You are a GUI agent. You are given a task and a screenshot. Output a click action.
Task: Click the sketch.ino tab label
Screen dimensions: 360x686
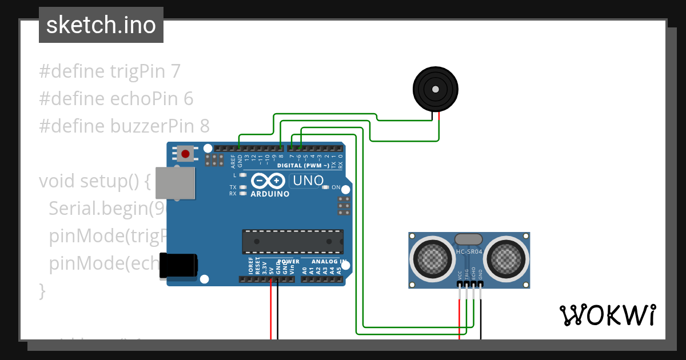click(x=101, y=25)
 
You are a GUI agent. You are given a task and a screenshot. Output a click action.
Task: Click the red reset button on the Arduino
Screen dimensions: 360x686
click(x=185, y=153)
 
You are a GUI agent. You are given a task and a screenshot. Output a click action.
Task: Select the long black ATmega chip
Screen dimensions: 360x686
click(x=293, y=241)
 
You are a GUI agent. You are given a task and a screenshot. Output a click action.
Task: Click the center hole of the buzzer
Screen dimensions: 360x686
click(x=436, y=90)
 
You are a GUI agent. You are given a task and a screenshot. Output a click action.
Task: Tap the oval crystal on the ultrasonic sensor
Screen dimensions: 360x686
click(x=469, y=239)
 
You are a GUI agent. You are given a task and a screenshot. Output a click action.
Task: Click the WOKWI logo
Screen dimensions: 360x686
click(x=607, y=315)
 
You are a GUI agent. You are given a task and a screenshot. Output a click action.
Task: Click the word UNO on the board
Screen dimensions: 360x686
click(x=307, y=181)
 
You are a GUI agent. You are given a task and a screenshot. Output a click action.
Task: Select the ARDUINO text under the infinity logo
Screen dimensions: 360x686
click(x=270, y=194)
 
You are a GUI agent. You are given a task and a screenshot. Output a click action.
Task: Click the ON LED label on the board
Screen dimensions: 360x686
click(x=336, y=187)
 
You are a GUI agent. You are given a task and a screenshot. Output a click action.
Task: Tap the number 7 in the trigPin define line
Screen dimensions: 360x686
click(x=176, y=71)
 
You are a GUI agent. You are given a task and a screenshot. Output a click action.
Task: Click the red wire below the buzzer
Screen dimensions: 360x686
click(x=439, y=129)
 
